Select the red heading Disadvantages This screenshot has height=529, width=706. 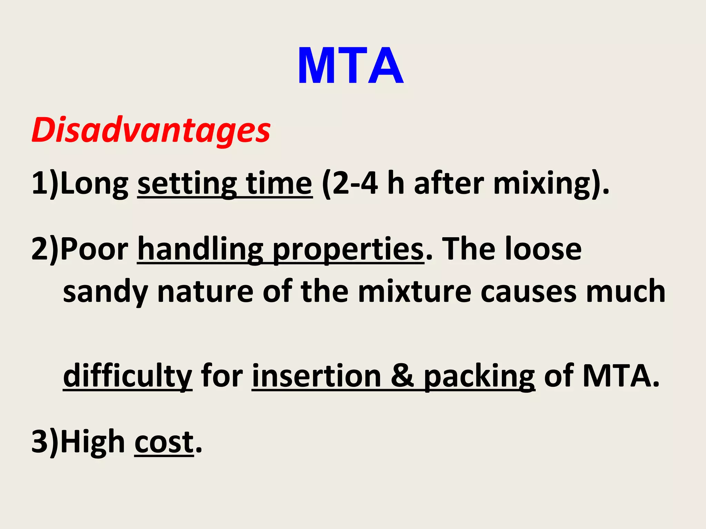point(151,130)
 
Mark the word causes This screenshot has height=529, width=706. point(528,291)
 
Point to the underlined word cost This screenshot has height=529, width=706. point(164,442)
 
